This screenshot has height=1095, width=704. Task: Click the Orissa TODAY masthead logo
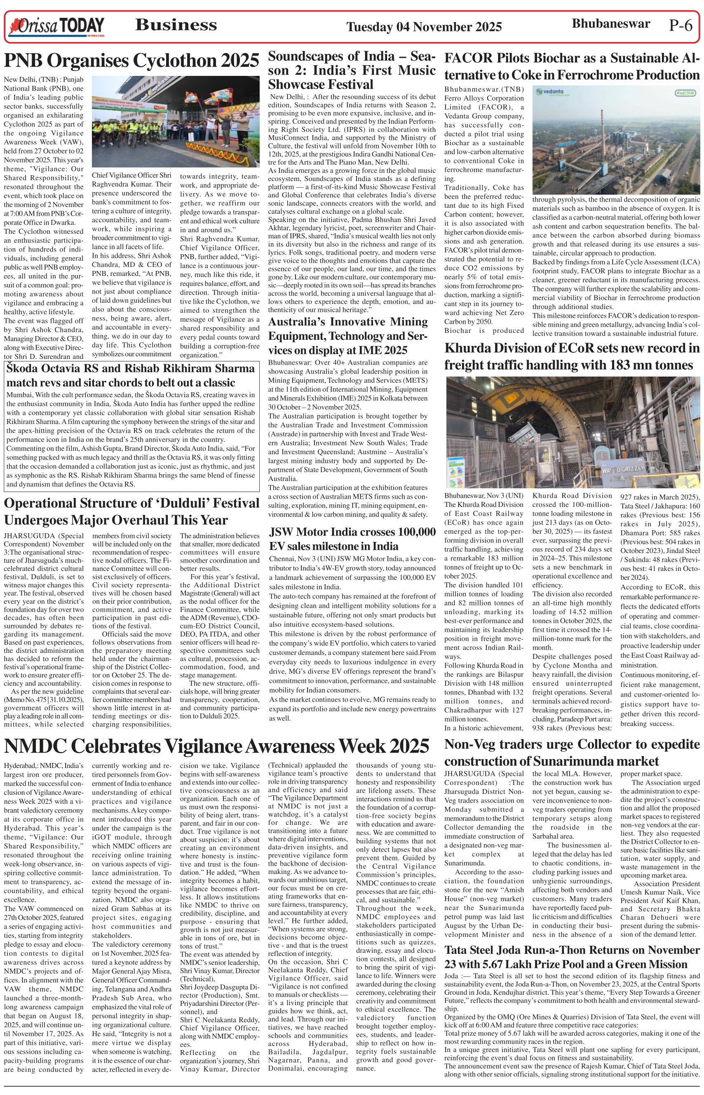56,26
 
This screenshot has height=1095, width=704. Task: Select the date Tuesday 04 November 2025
424,27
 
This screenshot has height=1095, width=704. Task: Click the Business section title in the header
176,25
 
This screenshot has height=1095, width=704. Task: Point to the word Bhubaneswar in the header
611,24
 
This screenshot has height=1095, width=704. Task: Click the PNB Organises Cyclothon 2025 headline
131,60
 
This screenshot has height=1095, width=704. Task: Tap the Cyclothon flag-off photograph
176,122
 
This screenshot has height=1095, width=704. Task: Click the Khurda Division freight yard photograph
573,432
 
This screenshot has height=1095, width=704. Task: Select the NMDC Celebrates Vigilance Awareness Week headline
217,746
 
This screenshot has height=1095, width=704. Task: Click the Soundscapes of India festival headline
352,71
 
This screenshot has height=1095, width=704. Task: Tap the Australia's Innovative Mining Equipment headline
348,336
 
